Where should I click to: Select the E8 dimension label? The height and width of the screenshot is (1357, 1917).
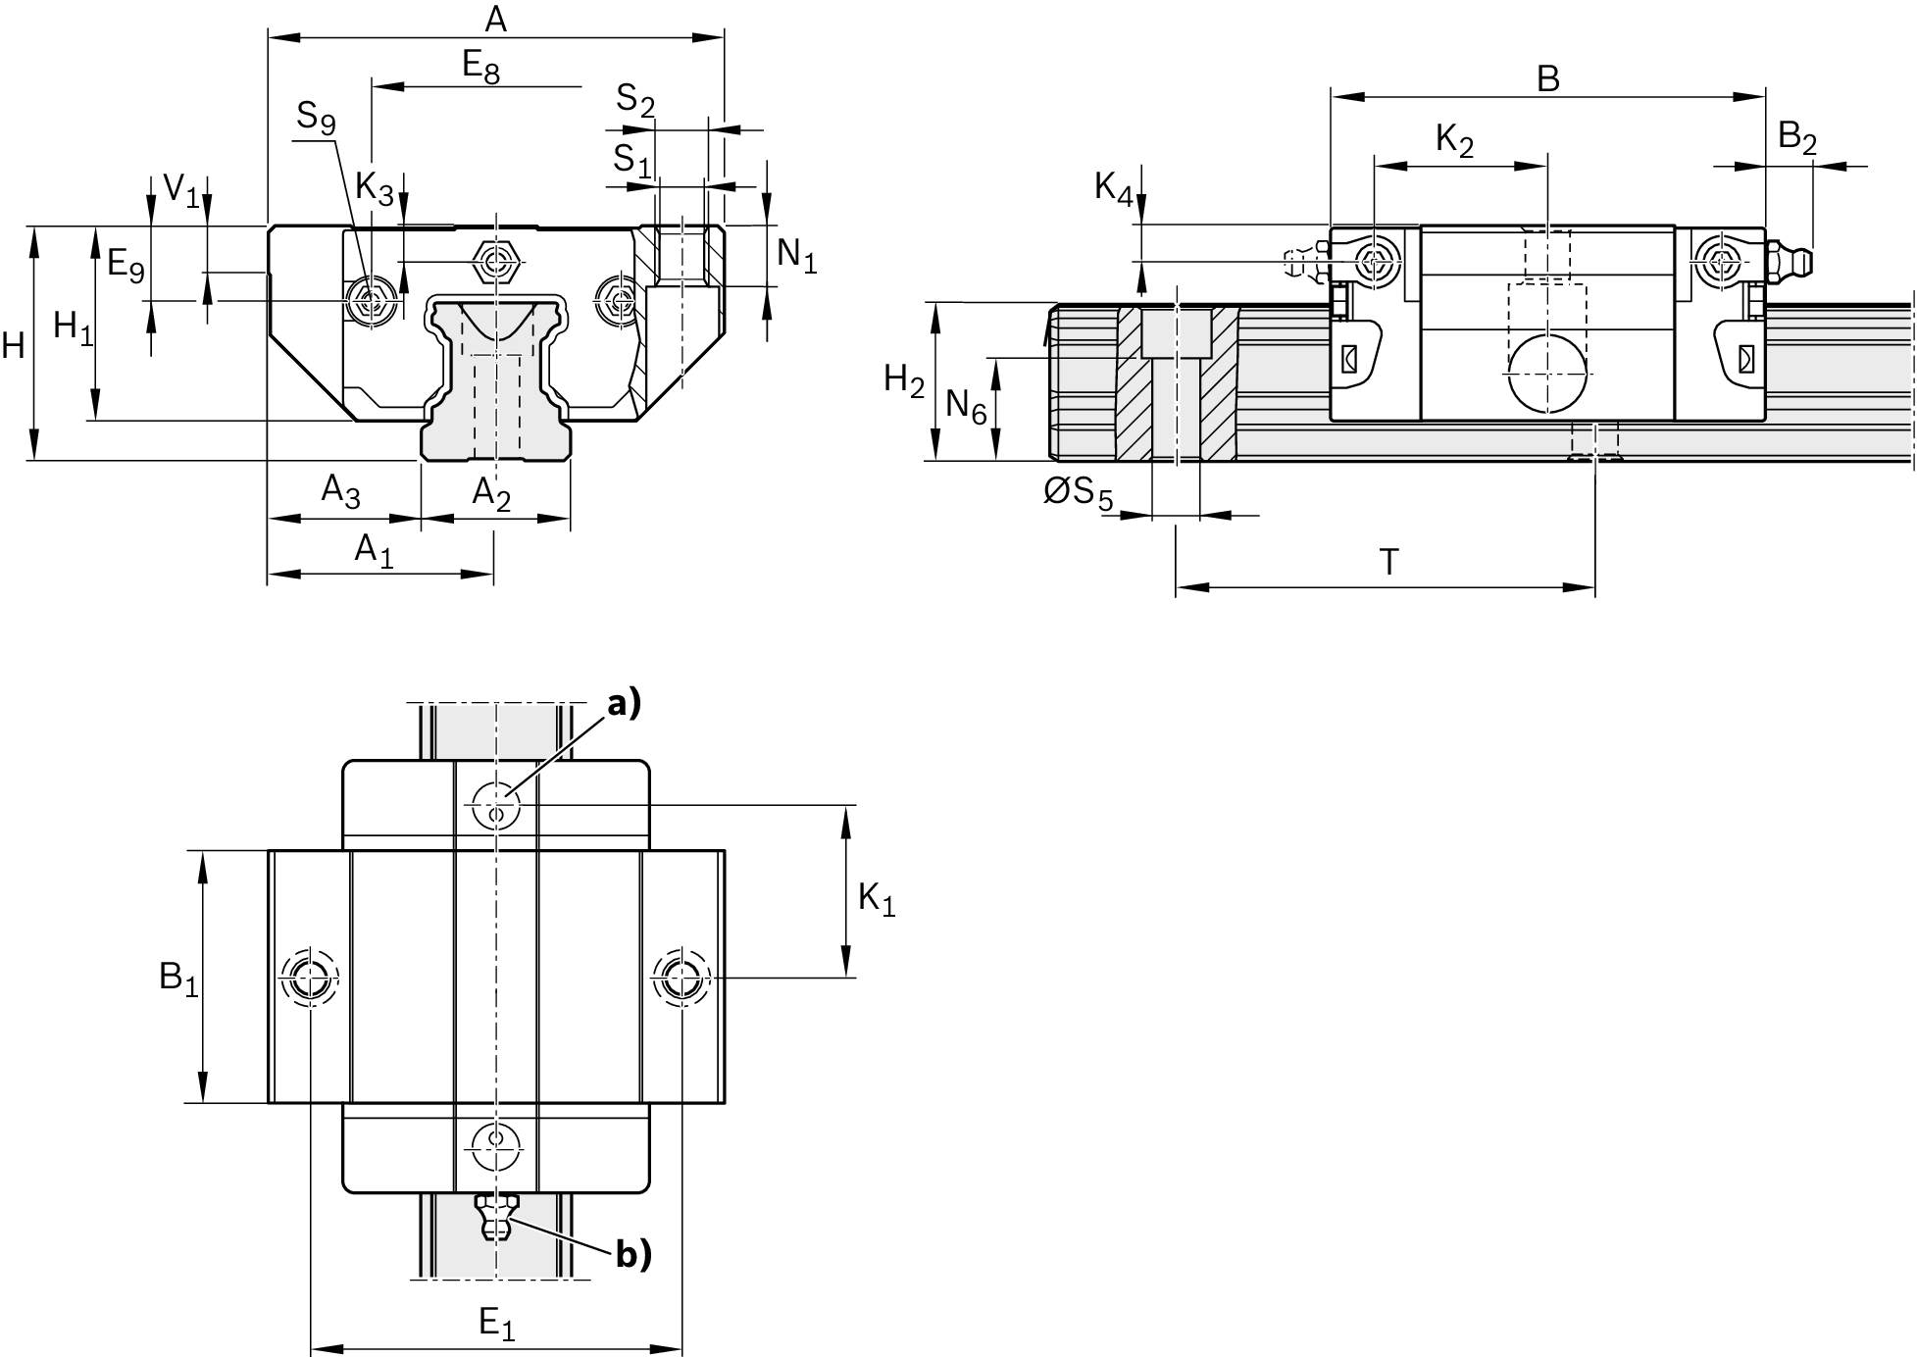pos(480,67)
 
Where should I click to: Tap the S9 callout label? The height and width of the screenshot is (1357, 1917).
pos(316,119)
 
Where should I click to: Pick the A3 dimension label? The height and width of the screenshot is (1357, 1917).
pos(340,490)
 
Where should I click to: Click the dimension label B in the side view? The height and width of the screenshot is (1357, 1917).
pos(1547,78)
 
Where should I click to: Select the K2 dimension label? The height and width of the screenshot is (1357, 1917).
pos(1454,141)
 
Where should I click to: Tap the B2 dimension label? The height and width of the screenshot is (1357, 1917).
pos(1796,138)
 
